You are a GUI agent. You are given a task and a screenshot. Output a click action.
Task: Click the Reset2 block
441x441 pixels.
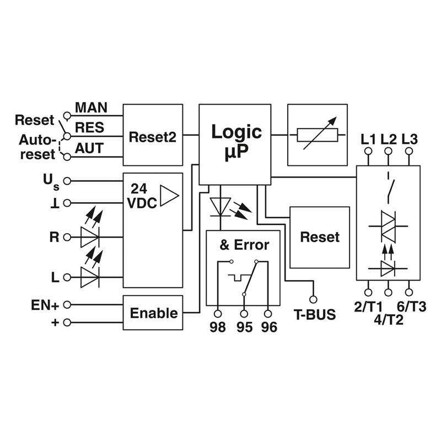pos(152,135)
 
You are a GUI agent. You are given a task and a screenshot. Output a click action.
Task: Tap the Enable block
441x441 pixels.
pos(153,313)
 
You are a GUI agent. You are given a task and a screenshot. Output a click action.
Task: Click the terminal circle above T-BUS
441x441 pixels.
pos(314,299)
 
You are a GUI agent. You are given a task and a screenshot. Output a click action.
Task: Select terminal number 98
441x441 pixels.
pos(218,327)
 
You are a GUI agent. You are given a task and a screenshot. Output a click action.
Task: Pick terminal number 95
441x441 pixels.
pos(244,327)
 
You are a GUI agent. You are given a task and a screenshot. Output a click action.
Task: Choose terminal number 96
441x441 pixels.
pos(268,327)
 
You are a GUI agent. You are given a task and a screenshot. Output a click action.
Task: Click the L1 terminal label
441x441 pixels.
pos(368,138)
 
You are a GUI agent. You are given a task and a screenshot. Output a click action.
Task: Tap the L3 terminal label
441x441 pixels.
pos(409,138)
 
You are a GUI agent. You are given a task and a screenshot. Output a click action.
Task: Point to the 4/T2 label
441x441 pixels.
pos(388,319)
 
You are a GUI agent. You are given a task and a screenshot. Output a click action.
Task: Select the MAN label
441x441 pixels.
pos(91,106)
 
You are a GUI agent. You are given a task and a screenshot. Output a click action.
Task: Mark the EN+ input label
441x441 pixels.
pos(46,304)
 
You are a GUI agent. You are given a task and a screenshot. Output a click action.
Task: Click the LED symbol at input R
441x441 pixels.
pos(90,237)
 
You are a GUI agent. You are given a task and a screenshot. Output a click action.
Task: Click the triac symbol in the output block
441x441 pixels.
pos(388,226)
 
